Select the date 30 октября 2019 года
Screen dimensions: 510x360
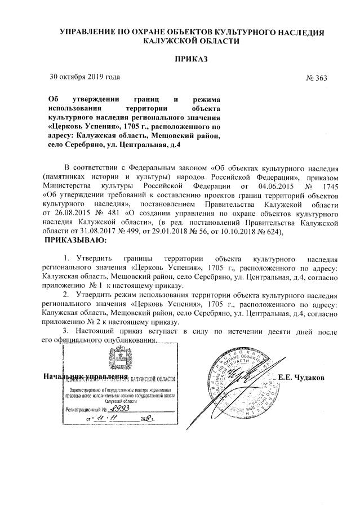pyautogui.click(x=84, y=77)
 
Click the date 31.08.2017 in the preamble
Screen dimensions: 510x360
pyautogui.click(x=96, y=232)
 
